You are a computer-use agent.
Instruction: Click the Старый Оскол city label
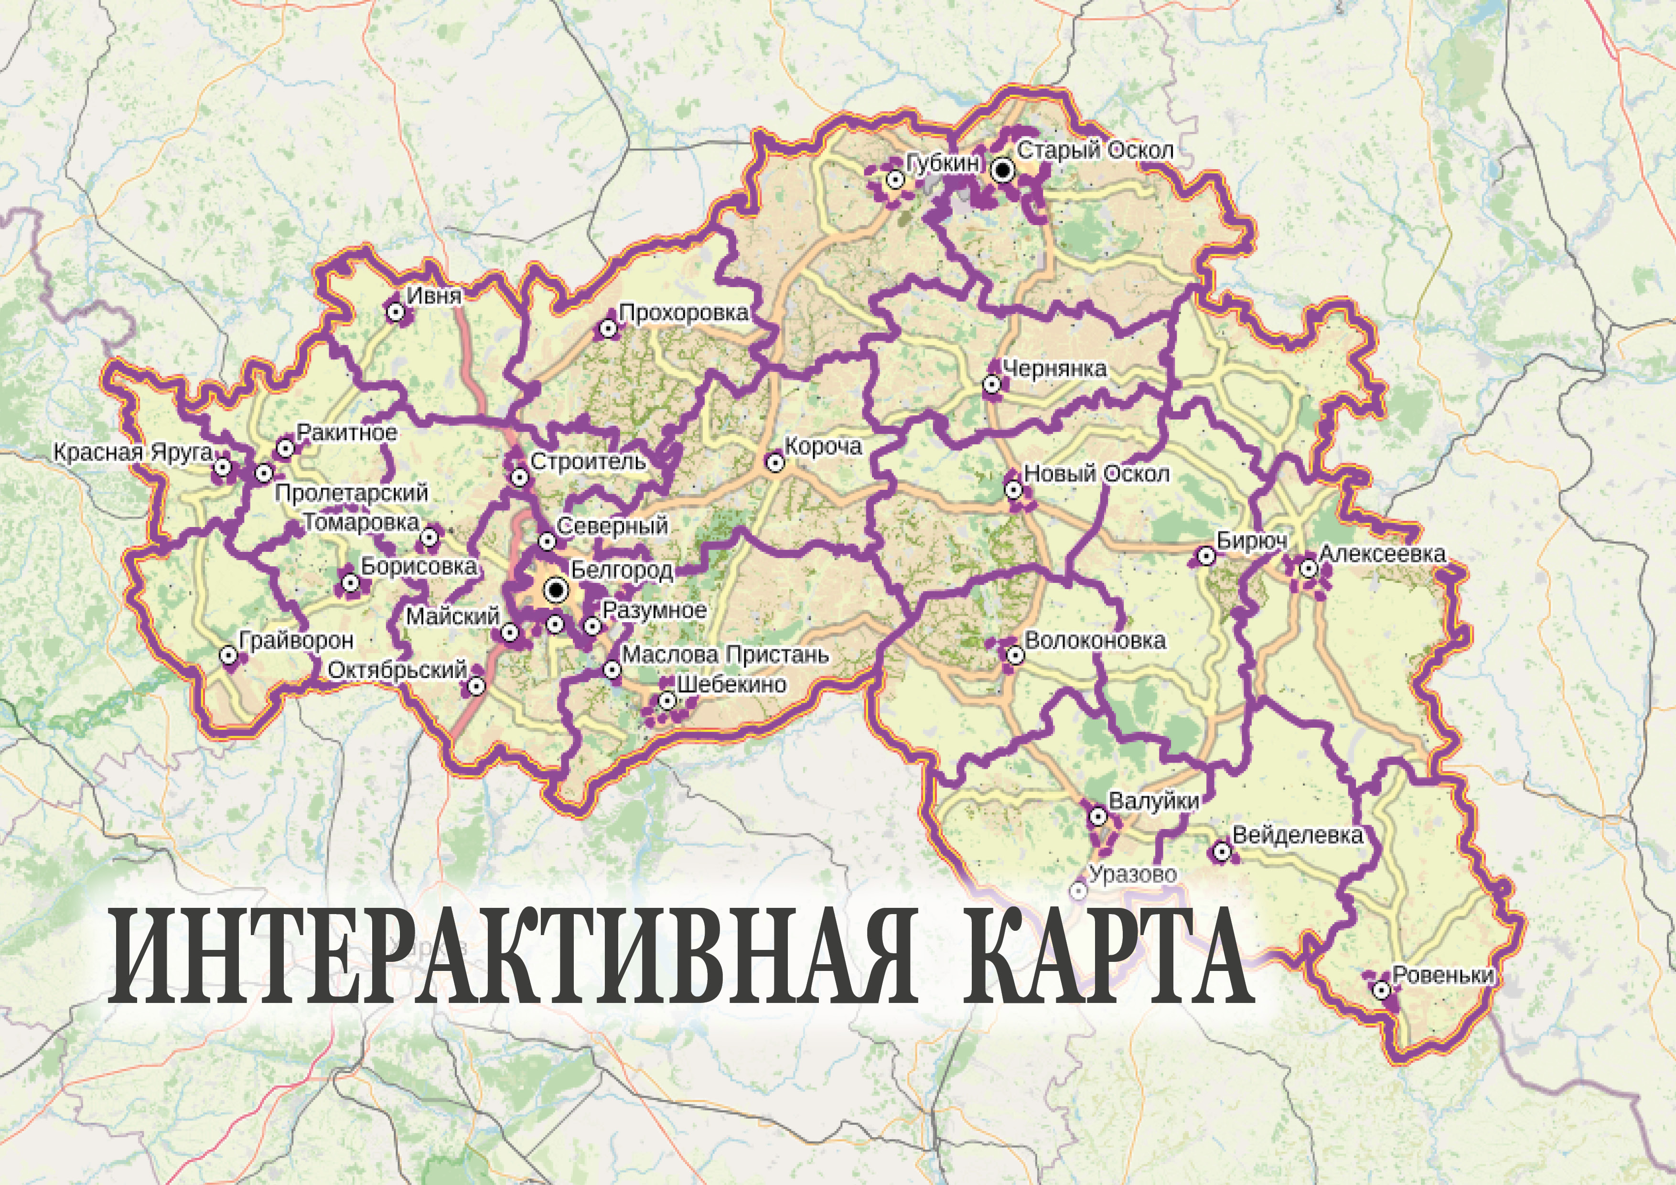click(1095, 151)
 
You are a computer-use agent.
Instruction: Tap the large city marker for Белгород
click(557, 589)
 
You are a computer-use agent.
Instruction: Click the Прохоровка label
click(683, 313)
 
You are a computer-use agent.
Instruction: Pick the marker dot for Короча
click(774, 462)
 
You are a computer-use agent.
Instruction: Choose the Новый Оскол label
click(1096, 474)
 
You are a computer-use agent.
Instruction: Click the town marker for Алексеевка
click(1308, 568)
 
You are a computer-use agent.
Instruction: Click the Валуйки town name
click(1153, 801)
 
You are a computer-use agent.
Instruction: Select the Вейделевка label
click(1297, 835)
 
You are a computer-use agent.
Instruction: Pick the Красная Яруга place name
click(133, 452)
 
